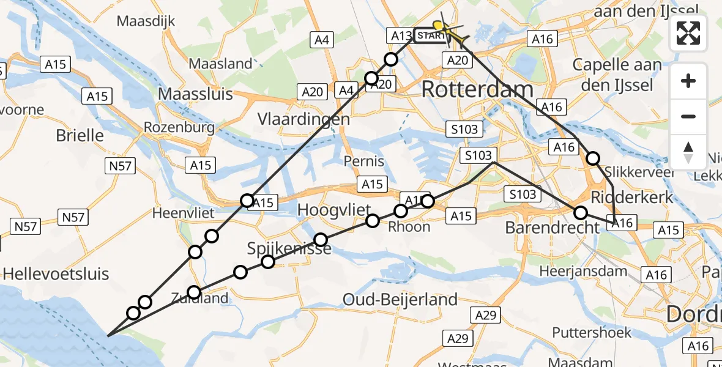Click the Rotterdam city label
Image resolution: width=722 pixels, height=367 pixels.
click(477, 90)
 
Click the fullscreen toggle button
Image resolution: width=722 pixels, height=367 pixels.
click(688, 33)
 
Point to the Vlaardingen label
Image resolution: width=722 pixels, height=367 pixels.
click(303, 119)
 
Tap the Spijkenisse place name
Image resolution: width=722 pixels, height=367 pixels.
click(289, 248)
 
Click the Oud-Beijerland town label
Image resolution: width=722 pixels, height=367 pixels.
click(400, 300)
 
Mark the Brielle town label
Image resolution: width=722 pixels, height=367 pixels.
click(80, 135)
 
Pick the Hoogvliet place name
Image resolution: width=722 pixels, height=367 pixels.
click(331, 210)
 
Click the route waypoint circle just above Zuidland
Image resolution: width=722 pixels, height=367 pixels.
click(194, 292)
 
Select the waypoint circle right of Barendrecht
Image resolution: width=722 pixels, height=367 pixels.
click(581, 213)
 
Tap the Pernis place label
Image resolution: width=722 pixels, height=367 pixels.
click(363, 161)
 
